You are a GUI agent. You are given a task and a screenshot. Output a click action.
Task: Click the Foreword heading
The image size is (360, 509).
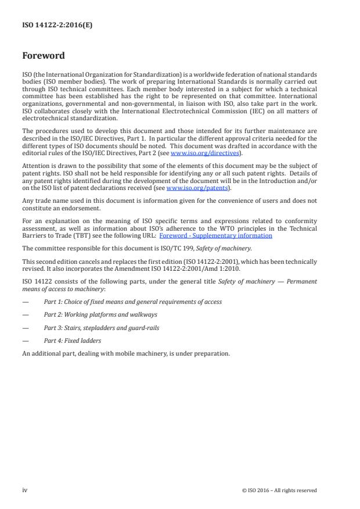(44, 56)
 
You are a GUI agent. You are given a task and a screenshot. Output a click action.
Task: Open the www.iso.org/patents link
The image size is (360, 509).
(197, 188)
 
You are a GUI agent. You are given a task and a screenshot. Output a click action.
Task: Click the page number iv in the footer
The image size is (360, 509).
(25, 490)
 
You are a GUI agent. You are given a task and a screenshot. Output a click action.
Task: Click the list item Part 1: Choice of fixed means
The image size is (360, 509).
(132, 302)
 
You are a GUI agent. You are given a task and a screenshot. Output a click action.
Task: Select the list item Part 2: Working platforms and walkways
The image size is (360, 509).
(100, 314)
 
